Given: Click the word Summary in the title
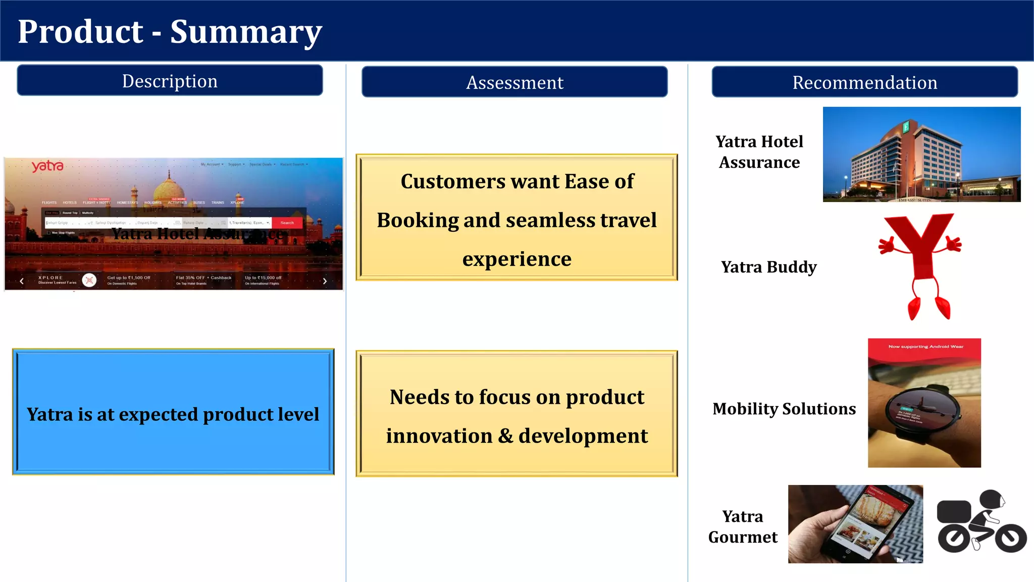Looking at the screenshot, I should (246, 32).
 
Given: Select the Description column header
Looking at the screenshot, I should (170, 81).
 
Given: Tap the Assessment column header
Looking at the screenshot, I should (514, 82).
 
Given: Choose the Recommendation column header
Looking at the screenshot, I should (864, 82).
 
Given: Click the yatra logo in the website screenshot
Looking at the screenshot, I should (47, 166).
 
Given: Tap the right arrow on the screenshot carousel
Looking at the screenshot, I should (325, 281).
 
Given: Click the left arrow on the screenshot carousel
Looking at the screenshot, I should (22, 281).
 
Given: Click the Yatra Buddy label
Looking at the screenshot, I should (768, 267).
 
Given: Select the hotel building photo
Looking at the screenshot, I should (921, 154).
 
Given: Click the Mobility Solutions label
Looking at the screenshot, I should (784, 408).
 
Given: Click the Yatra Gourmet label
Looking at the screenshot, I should (742, 526).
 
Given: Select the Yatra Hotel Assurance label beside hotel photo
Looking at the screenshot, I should (759, 152).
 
